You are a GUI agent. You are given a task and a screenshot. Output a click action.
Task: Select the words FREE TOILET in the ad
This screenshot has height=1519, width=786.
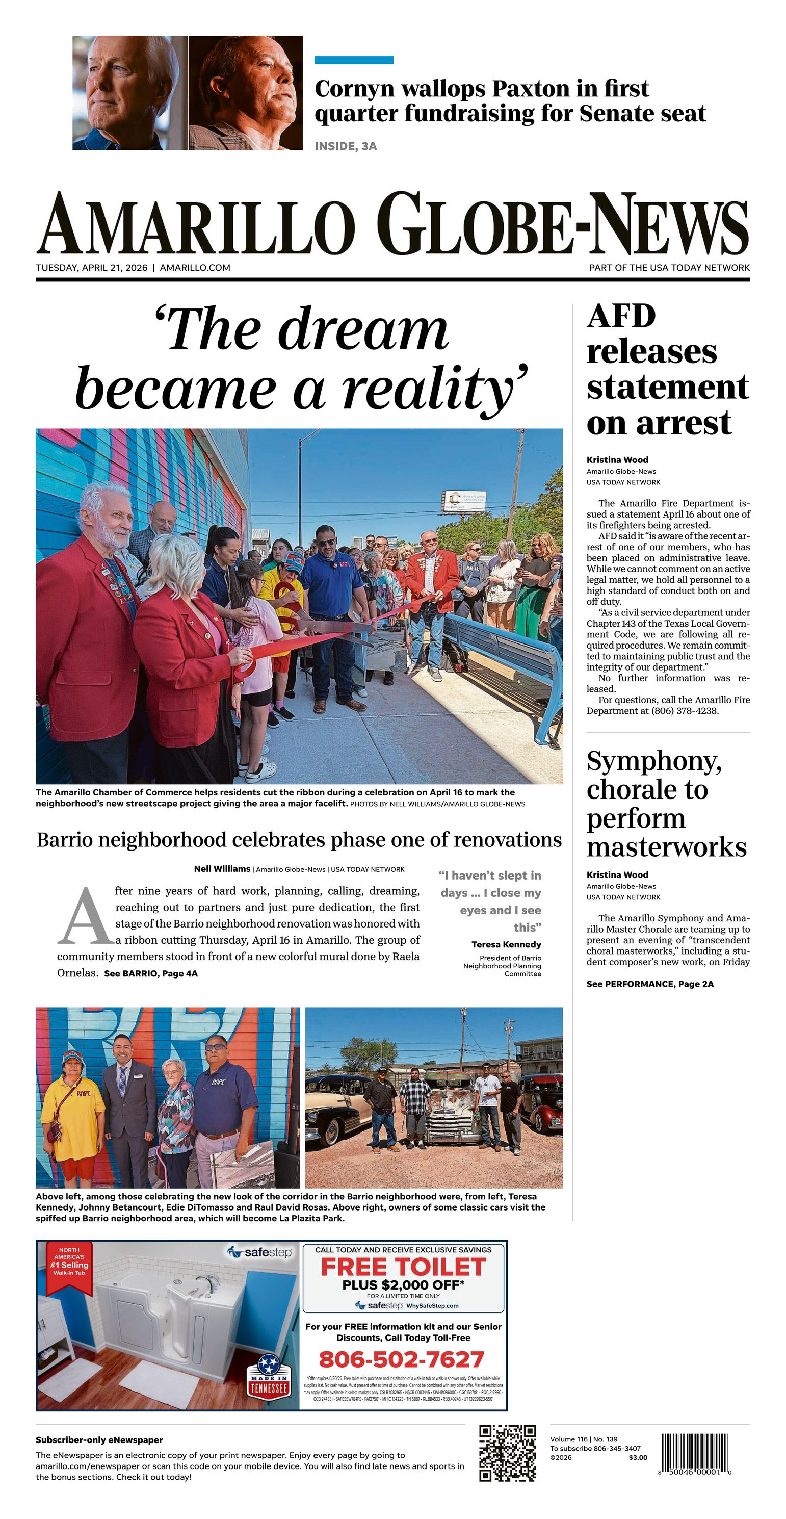(403, 1267)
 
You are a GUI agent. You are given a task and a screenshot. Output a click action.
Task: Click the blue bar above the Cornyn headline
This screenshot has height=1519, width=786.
(354, 60)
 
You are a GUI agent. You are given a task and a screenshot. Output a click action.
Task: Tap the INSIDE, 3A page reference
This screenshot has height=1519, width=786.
(346, 146)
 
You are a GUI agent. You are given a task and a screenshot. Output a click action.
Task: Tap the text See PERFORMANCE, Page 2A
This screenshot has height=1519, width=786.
(650, 984)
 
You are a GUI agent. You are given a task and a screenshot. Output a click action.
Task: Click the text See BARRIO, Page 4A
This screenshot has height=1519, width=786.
(151, 973)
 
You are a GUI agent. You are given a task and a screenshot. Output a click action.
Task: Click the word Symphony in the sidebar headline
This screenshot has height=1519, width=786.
(653, 761)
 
